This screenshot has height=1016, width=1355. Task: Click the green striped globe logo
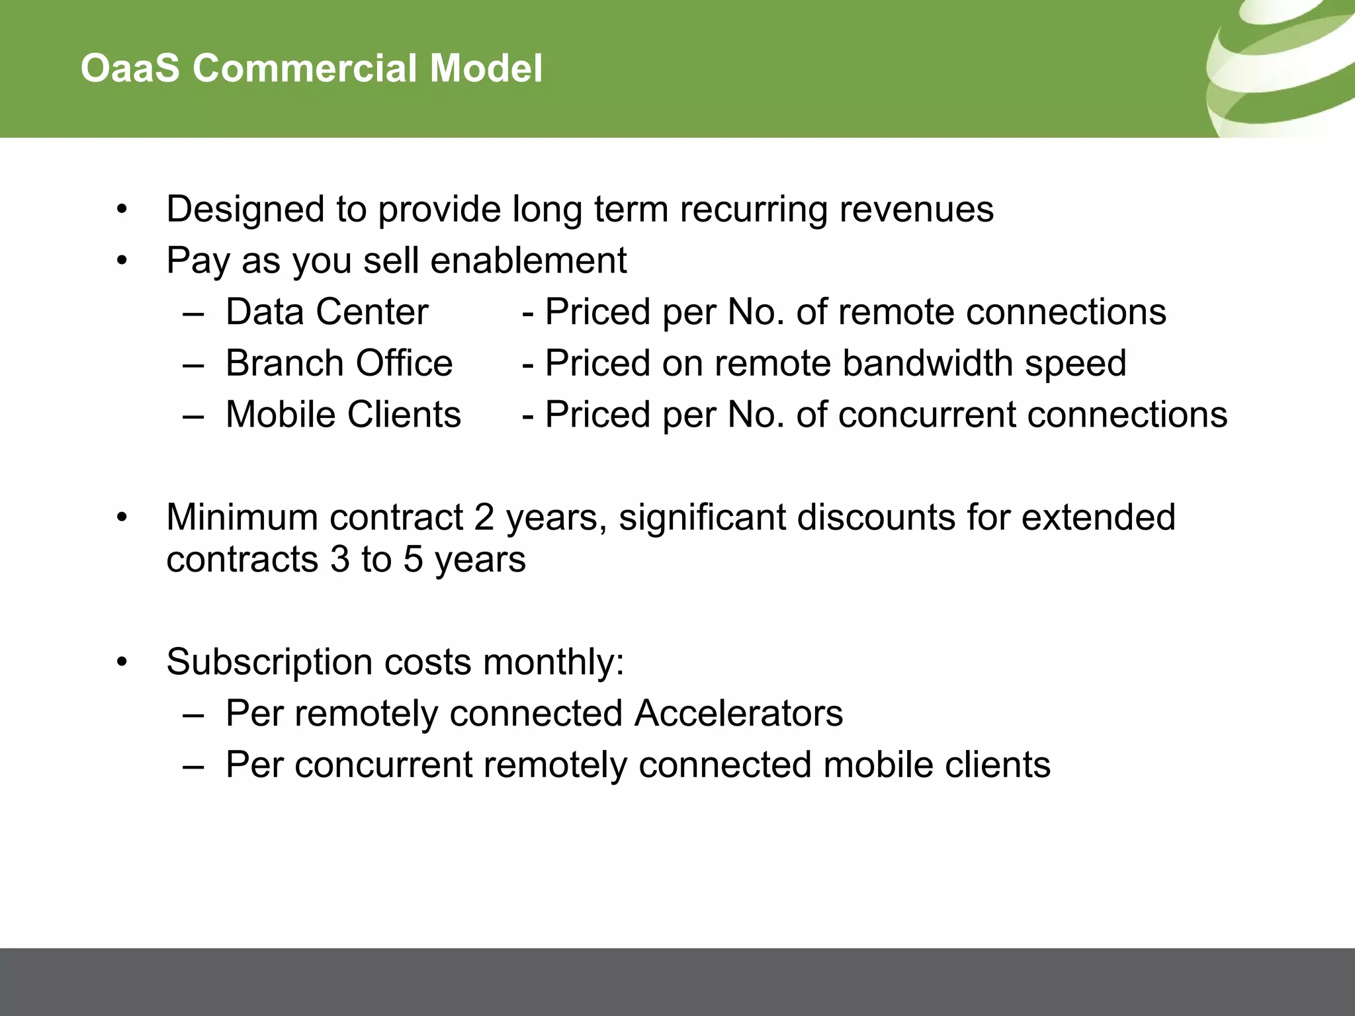(x=1280, y=66)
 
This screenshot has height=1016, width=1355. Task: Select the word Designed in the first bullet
(x=245, y=210)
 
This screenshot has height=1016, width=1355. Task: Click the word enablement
(x=529, y=261)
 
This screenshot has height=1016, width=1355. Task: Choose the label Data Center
(x=327, y=312)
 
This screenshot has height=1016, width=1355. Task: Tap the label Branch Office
(x=339, y=363)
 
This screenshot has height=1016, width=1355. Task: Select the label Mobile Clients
(x=343, y=415)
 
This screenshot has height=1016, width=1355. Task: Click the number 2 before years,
(x=484, y=517)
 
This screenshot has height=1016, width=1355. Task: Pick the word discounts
(x=876, y=517)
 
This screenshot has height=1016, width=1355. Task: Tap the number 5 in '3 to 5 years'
(x=412, y=560)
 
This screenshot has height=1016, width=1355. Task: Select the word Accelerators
(x=738, y=714)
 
